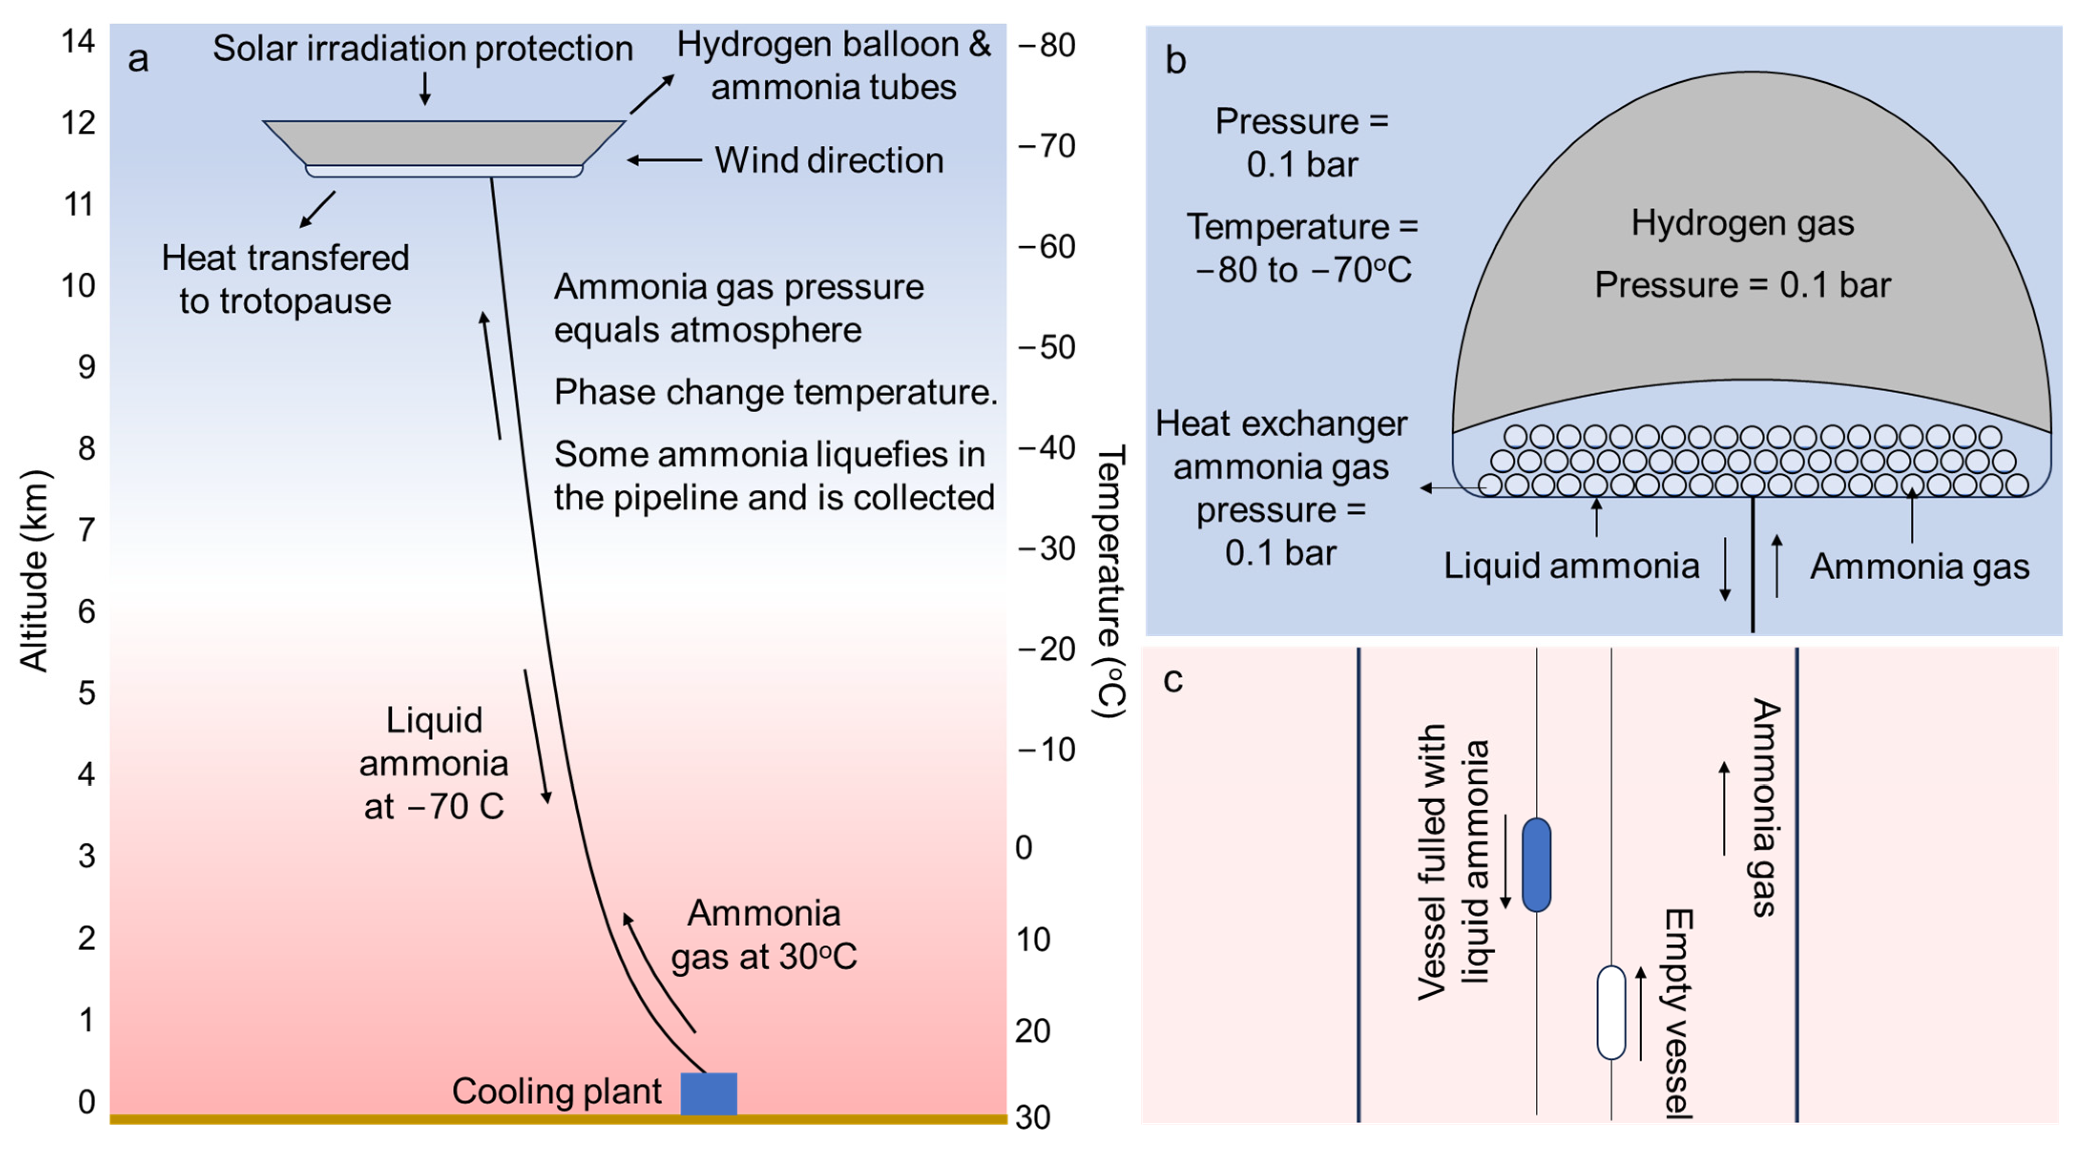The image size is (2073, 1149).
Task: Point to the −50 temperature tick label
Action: coord(1046,347)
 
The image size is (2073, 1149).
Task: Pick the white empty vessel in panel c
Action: coord(1611,1012)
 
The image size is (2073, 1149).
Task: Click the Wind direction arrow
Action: coord(664,160)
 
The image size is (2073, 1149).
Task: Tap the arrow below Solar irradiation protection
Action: coord(425,88)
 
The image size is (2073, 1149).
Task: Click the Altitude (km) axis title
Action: coord(34,571)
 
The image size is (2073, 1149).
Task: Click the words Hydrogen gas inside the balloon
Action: coord(1742,223)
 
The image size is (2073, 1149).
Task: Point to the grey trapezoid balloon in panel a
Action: coord(444,143)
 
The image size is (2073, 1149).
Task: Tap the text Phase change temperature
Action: coord(775,392)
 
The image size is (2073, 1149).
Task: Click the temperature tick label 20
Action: coord(1032,1031)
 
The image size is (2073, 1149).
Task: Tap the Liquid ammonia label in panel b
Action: coord(1571,565)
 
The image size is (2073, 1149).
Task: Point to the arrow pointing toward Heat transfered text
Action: coord(317,209)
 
